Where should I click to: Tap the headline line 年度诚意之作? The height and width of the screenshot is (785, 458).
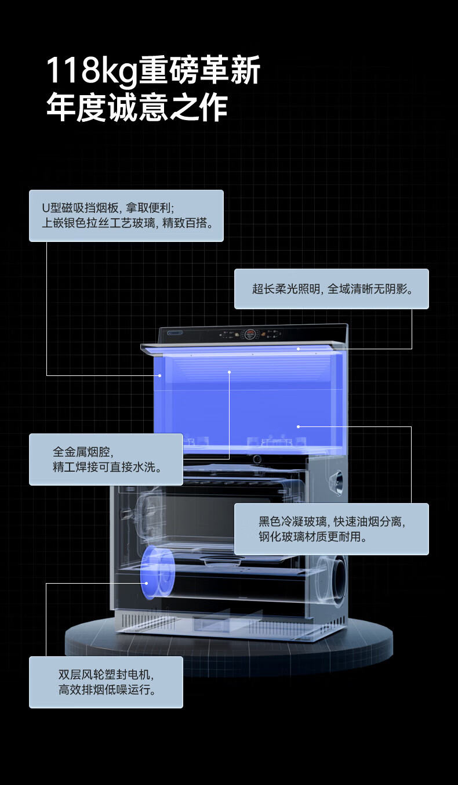point(137,107)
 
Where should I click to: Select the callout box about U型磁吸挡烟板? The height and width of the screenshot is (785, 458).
point(126,215)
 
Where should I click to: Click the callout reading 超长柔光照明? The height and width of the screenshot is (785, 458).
point(331,288)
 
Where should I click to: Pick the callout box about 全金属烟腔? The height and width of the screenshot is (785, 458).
point(106,459)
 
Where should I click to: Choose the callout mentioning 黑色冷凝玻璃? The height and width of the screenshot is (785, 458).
point(331,529)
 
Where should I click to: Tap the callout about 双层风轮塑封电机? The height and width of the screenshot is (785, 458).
point(106,682)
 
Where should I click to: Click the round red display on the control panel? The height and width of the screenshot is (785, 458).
point(250,334)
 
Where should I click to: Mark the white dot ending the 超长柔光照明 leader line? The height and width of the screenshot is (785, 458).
point(299,349)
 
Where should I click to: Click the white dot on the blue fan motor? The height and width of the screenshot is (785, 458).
point(146,583)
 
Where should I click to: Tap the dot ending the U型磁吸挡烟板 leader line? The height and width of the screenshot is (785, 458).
point(160,375)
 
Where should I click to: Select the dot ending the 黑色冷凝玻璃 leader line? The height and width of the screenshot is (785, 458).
point(299,426)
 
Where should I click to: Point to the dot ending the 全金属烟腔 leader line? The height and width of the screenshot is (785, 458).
point(230,371)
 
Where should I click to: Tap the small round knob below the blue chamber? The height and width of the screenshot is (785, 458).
point(256,460)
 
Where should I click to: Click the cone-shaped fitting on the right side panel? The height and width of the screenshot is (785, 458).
point(335,479)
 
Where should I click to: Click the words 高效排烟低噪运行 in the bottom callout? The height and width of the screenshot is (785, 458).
point(106,690)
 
